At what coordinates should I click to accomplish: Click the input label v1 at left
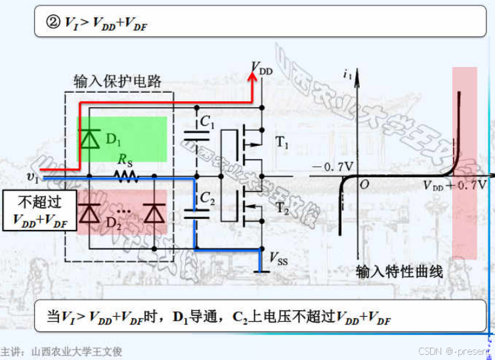coord(33,177)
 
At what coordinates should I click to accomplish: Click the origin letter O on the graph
coord(364,186)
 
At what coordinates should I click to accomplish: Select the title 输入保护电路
coord(118,81)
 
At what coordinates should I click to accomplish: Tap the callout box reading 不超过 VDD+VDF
coord(39,211)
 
